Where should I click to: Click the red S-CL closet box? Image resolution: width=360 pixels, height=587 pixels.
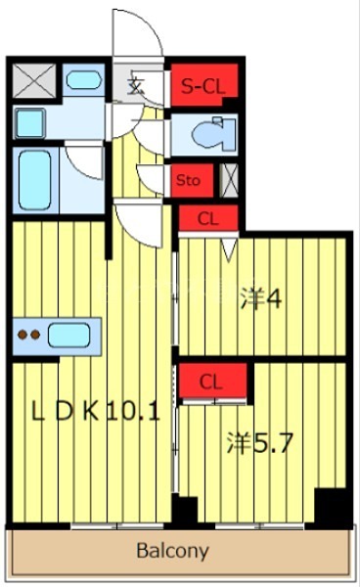[x=202, y=86]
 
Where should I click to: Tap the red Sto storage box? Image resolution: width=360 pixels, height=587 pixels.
[x=187, y=180]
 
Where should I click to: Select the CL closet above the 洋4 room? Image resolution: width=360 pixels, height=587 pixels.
[x=207, y=219]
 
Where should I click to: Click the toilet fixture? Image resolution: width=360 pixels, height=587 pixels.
[x=209, y=135]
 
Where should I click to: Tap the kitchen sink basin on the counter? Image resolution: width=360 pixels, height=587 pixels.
[x=68, y=336]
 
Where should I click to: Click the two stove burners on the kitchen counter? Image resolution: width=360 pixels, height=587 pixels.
[x=29, y=336]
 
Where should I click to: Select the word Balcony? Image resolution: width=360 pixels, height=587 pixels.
[x=172, y=551]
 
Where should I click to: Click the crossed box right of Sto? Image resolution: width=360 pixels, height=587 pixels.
[x=231, y=180]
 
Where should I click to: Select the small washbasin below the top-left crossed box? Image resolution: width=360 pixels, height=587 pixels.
[x=30, y=123]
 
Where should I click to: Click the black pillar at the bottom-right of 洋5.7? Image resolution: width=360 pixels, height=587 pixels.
[x=333, y=508]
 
